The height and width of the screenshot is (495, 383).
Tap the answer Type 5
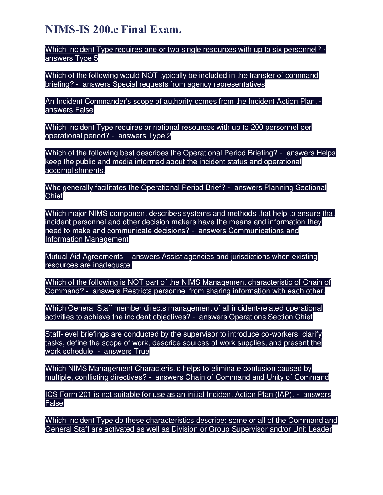tap(87, 58)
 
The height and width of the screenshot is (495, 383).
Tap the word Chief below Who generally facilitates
tap(54, 196)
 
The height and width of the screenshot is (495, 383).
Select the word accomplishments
tap(75, 171)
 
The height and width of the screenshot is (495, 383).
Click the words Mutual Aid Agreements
tap(84, 257)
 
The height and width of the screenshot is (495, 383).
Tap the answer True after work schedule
tap(142, 352)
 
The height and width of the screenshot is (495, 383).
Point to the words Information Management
tap(87, 239)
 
